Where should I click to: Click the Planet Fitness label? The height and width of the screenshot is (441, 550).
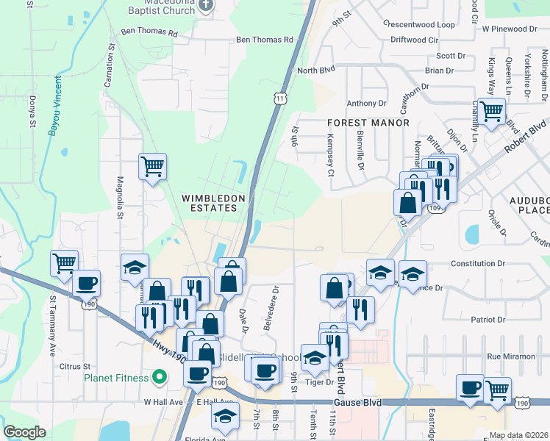click(117, 379)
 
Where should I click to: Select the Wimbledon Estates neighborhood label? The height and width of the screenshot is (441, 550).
click(210, 203)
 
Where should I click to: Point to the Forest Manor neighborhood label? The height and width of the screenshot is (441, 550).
click(368, 123)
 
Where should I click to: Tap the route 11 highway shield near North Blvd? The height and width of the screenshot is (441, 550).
click(279, 98)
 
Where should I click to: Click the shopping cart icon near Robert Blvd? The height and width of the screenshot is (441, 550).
click(491, 112)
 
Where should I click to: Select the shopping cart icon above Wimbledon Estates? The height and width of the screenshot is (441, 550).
click(152, 167)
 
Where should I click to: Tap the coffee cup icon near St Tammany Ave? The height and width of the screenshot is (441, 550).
click(86, 283)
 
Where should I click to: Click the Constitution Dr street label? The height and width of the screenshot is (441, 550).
click(479, 263)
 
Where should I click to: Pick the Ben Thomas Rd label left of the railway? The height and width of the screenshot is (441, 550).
click(149, 33)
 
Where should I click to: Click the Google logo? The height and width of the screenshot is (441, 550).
click(24, 432)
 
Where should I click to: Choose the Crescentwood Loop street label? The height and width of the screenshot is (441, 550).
click(419, 24)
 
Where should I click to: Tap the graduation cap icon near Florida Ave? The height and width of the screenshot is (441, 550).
click(224, 417)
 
